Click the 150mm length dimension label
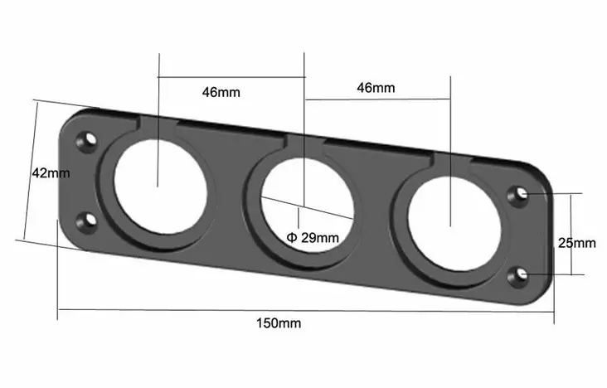click(x=279, y=323)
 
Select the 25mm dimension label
click(x=576, y=243)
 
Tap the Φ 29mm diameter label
click(x=313, y=237)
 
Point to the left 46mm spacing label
click(x=221, y=92)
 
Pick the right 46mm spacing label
click(x=375, y=86)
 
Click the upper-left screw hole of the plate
click(x=85, y=141)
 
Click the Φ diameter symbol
click(x=291, y=237)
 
